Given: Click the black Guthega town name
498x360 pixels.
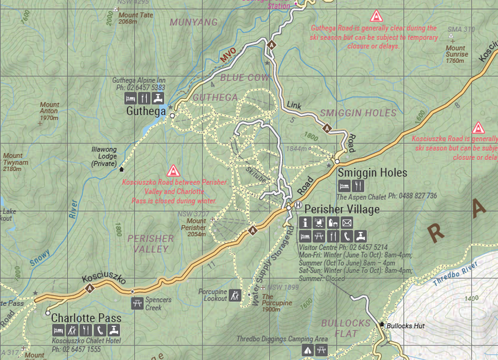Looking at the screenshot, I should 147,111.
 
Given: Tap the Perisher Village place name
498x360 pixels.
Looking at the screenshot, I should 342,209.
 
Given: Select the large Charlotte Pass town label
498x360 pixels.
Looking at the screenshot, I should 86,318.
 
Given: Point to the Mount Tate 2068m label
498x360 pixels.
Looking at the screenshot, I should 136,18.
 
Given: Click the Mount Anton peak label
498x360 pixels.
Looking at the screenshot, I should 48,111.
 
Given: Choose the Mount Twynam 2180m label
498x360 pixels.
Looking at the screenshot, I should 17,162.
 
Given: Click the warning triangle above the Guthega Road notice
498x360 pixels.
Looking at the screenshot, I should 376,15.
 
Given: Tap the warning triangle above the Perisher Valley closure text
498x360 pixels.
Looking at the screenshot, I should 174,170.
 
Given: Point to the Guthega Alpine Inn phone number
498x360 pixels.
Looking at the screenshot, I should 140,88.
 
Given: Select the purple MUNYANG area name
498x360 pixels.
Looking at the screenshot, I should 194,22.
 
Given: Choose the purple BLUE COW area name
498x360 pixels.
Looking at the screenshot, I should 244,78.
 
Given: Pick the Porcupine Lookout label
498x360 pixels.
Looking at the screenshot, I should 212,296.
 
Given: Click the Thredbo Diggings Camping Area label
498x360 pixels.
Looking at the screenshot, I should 282,339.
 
